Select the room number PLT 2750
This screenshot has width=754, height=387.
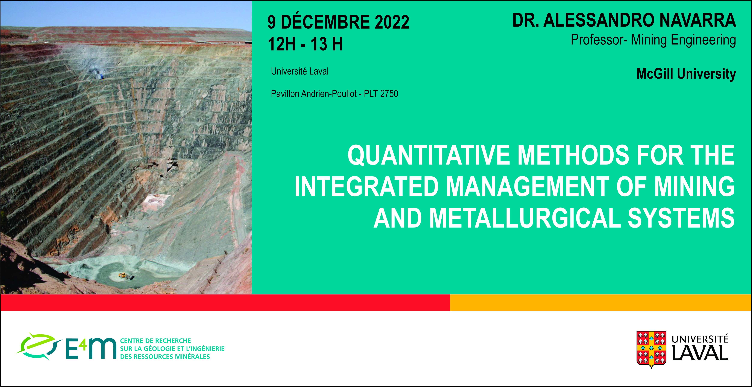pyautogui.click(x=381, y=94)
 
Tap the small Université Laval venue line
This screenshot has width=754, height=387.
pyautogui.click(x=300, y=71)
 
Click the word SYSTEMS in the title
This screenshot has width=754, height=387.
pyautogui.click(x=681, y=218)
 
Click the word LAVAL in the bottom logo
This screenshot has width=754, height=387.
pyautogui.click(x=700, y=353)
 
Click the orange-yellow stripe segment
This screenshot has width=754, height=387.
pyautogui.click(x=601, y=302)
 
